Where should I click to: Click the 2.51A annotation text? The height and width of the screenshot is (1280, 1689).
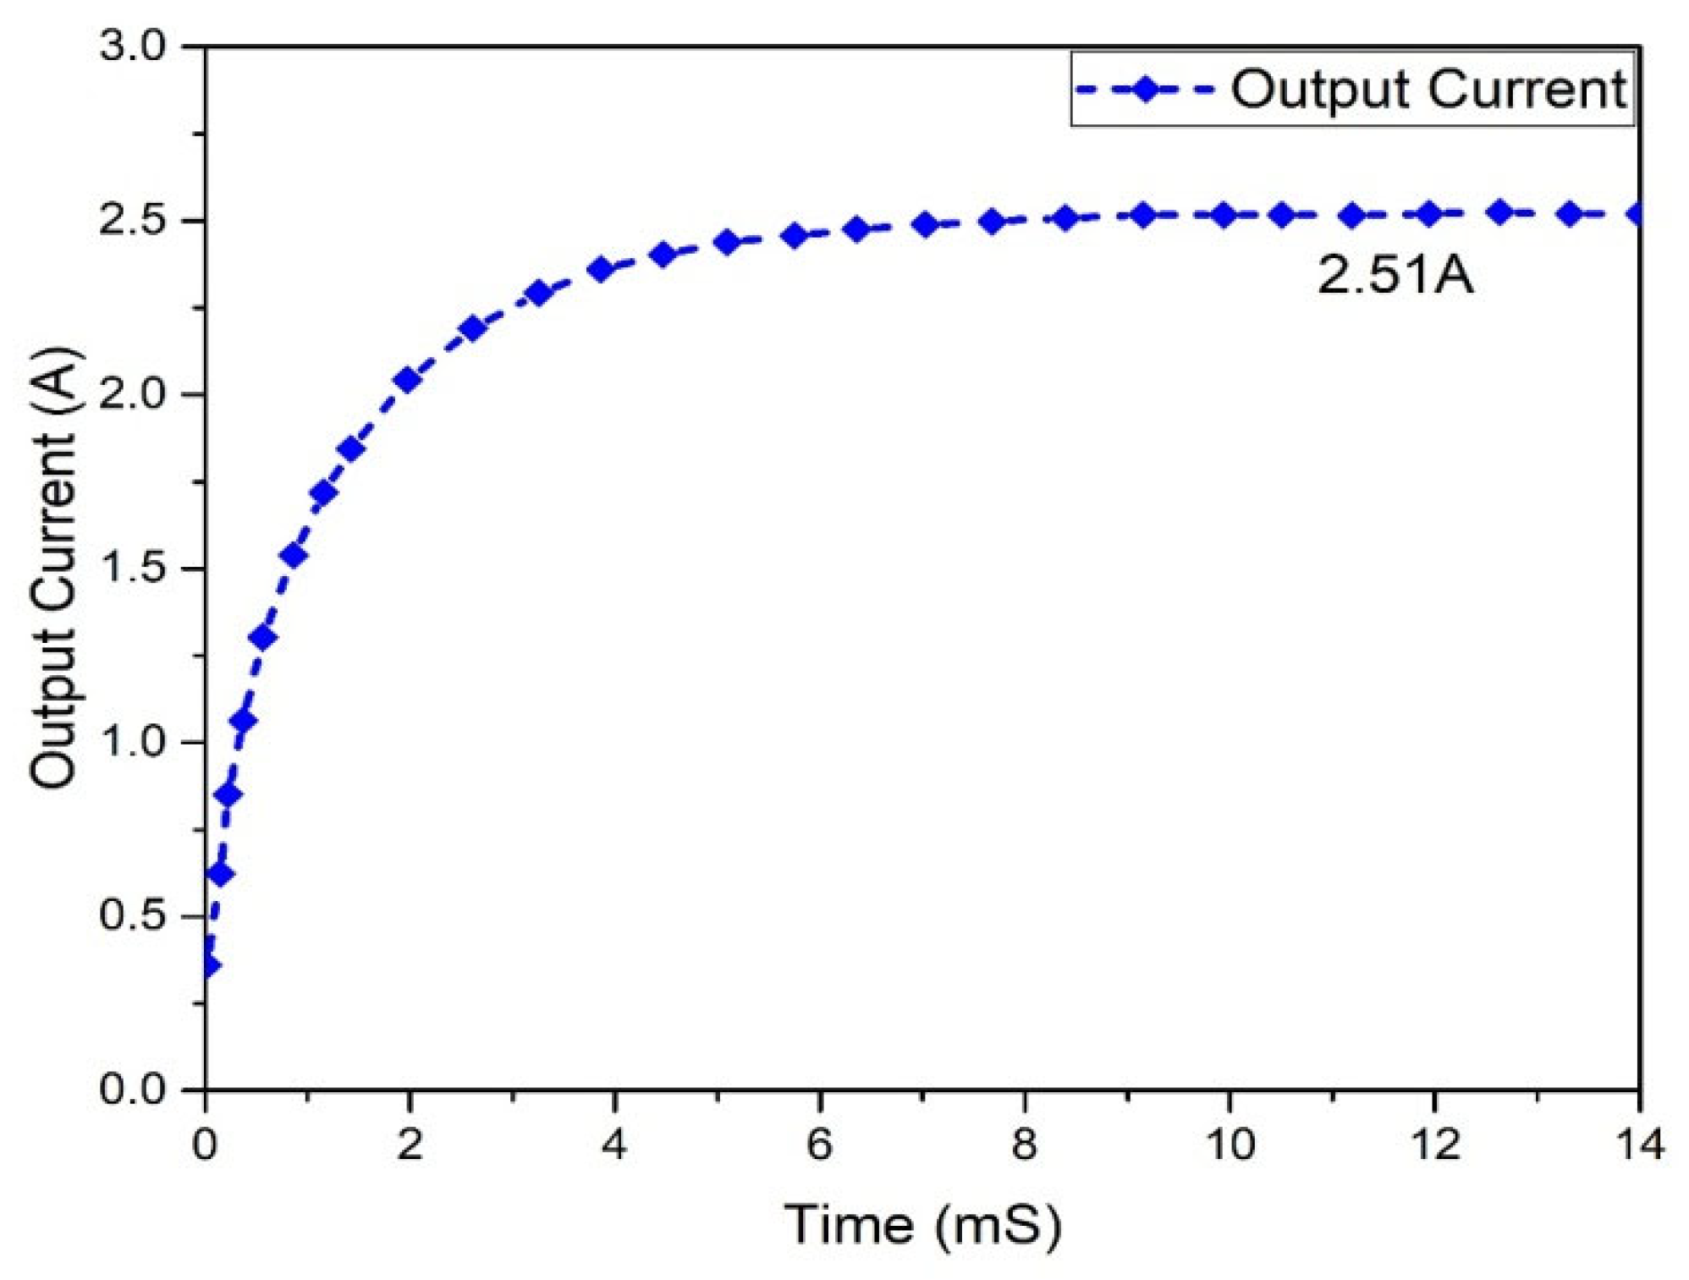pyautogui.click(x=1395, y=275)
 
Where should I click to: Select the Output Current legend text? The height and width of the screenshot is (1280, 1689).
pyautogui.click(x=1428, y=89)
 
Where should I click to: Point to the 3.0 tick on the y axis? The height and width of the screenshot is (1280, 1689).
pyautogui.click(x=134, y=46)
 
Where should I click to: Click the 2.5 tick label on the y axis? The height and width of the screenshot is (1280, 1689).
pyautogui.click(x=134, y=220)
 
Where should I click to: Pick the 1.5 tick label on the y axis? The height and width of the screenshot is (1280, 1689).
pyautogui.click(x=134, y=569)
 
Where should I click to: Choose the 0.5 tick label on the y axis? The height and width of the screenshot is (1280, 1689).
pyautogui.click(x=134, y=916)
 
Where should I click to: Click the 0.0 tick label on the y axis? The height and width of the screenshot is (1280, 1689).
pyautogui.click(x=134, y=1089)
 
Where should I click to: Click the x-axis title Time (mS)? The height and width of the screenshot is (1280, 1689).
pyautogui.click(x=922, y=1224)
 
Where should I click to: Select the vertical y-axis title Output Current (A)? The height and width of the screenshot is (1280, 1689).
pyautogui.click(x=54, y=567)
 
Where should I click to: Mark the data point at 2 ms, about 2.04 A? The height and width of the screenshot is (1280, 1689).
pyautogui.click(x=408, y=380)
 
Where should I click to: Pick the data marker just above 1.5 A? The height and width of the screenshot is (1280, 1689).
pyautogui.click(x=294, y=555)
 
